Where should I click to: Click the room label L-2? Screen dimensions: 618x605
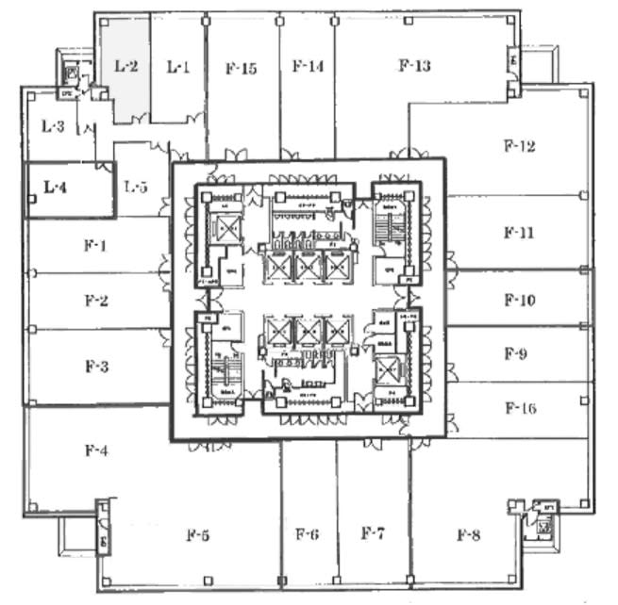[x=126, y=66]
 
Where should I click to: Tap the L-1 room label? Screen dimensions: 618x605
[x=178, y=66]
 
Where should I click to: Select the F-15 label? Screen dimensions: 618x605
[x=242, y=68]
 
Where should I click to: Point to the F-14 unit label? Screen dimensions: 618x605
[x=308, y=66]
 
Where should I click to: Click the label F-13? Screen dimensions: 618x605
[x=414, y=65]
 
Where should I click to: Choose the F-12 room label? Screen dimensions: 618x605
[x=519, y=146]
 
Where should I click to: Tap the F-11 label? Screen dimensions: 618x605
[x=519, y=232]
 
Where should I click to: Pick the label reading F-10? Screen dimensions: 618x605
[x=519, y=302]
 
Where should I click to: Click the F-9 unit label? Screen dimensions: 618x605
[x=516, y=355]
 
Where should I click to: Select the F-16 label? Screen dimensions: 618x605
[x=520, y=408]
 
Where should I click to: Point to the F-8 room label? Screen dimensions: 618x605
[x=469, y=535]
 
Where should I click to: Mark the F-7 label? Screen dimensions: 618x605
[x=373, y=533]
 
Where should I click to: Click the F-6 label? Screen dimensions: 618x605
[x=307, y=534]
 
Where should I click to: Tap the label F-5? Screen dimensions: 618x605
[x=197, y=536]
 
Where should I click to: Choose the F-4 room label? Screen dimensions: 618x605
[x=96, y=450]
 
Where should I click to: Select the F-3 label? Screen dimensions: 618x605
[x=96, y=366]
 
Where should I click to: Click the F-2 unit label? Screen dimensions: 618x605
[x=96, y=302]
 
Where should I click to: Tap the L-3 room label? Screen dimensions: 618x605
[x=53, y=124]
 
